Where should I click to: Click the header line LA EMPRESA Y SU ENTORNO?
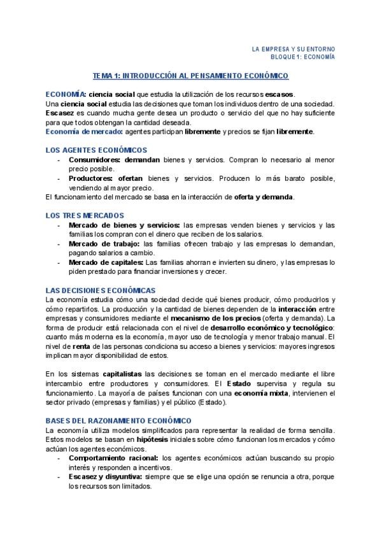coord(294,48)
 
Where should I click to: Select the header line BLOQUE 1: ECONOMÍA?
coord(303,57)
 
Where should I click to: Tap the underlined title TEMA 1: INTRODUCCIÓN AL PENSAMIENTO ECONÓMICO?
coord(190,76)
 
